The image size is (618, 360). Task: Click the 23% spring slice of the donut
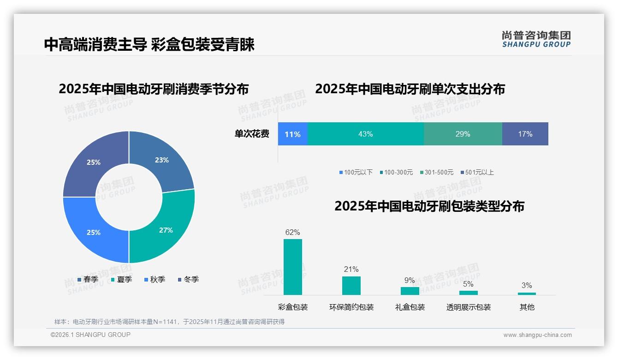click(x=161, y=160)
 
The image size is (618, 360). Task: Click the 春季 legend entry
click(x=88, y=279)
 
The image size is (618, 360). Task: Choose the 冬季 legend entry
click(x=188, y=279)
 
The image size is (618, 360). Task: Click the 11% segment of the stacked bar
click(x=292, y=134)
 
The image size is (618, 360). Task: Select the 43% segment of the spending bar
click(x=365, y=134)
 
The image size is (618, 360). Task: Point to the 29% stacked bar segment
click(x=463, y=134)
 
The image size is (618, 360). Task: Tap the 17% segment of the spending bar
click(x=525, y=134)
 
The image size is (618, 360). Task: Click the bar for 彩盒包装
click(x=293, y=267)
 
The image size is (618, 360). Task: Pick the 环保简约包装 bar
click(x=351, y=285)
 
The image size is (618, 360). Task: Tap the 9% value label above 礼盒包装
click(x=410, y=280)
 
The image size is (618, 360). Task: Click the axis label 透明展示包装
click(x=468, y=307)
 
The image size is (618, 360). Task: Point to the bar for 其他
click(x=527, y=294)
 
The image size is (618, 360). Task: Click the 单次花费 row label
click(x=252, y=134)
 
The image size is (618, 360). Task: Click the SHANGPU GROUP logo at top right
click(x=536, y=39)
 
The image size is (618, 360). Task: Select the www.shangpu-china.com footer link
click(x=537, y=335)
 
